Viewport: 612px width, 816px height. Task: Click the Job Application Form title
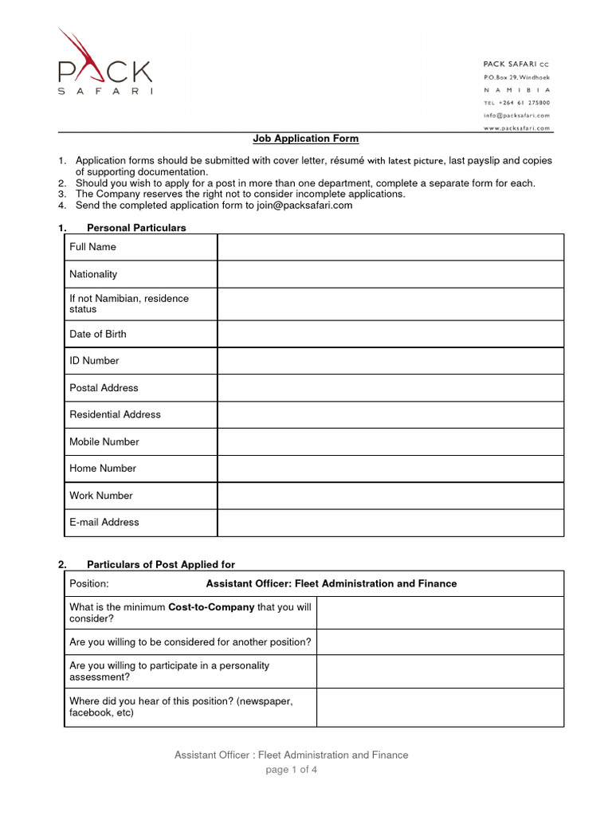tap(306, 139)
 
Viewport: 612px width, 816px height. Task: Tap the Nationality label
tap(93, 274)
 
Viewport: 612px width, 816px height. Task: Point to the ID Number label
tap(94, 361)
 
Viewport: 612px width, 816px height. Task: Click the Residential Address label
tap(115, 414)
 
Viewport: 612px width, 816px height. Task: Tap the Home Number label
tap(103, 469)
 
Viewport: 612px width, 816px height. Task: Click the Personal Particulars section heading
tap(136, 228)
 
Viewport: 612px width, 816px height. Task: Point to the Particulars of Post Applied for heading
tap(161, 565)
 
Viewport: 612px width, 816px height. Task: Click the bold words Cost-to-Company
tap(211, 607)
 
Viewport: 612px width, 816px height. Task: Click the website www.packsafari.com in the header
tap(516, 127)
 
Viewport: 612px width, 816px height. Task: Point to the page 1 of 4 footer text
tap(292, 770)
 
